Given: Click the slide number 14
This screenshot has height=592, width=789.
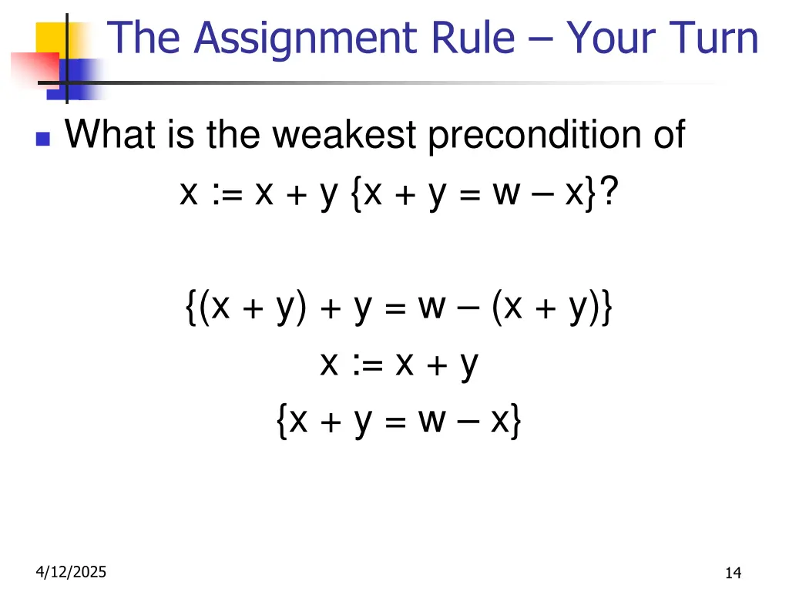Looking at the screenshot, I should [733, 572].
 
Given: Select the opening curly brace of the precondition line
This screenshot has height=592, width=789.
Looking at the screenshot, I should [190, 309].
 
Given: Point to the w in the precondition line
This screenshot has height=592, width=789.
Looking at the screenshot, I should [432, 309].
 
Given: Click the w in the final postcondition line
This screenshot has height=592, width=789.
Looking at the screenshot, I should [434, 421].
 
